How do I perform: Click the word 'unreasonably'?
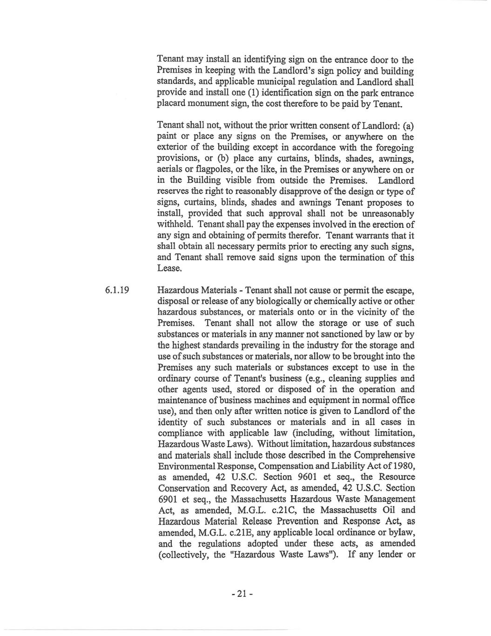click(384, 213)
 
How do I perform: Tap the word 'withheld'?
click(175, 225)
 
